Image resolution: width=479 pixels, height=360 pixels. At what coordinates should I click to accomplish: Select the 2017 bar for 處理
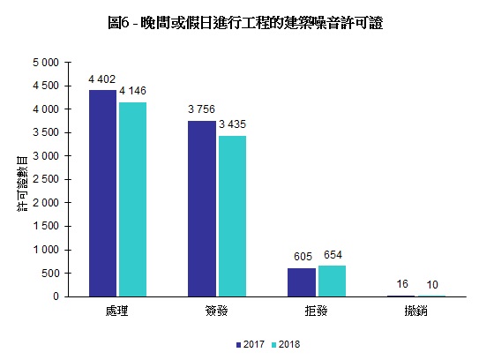[x=103, y=193]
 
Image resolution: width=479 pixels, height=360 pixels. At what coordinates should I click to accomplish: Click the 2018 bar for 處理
[x=132, y=199]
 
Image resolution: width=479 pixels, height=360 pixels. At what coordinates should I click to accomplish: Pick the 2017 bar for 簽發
[x=202, y=208]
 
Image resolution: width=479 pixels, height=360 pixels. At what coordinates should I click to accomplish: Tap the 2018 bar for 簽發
[x=231, y=216]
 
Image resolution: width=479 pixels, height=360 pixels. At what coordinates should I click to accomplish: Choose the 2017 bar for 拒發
[x=302, y=282]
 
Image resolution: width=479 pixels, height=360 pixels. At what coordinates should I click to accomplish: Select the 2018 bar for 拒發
[x=331, y=281]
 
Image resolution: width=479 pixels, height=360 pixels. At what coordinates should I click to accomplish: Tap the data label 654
[x=333, y=256]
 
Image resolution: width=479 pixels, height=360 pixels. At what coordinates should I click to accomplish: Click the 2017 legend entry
[x=252, y=343]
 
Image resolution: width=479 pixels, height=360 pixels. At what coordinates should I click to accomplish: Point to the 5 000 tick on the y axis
[x=45, y=63]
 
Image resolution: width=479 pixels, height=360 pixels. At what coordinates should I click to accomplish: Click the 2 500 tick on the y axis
[x=45, y=180]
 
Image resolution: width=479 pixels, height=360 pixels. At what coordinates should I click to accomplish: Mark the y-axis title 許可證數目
[x=20, y=181]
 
